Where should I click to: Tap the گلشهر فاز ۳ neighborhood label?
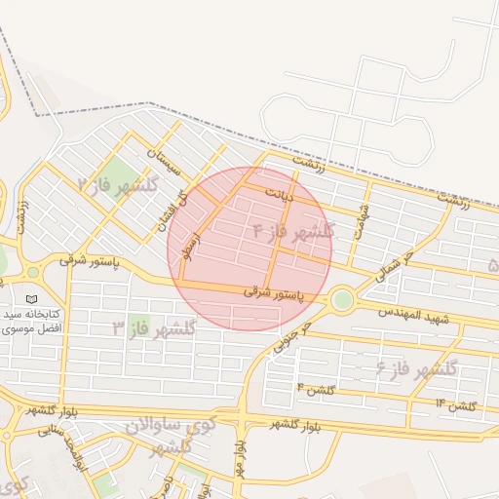[154, 328]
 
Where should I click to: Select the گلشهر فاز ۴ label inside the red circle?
[292, 232]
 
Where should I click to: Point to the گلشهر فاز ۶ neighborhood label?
[417, 368]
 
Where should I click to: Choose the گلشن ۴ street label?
[321, 389]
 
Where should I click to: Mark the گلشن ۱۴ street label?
[454, 404]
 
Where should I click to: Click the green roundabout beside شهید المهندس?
[341, 299]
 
